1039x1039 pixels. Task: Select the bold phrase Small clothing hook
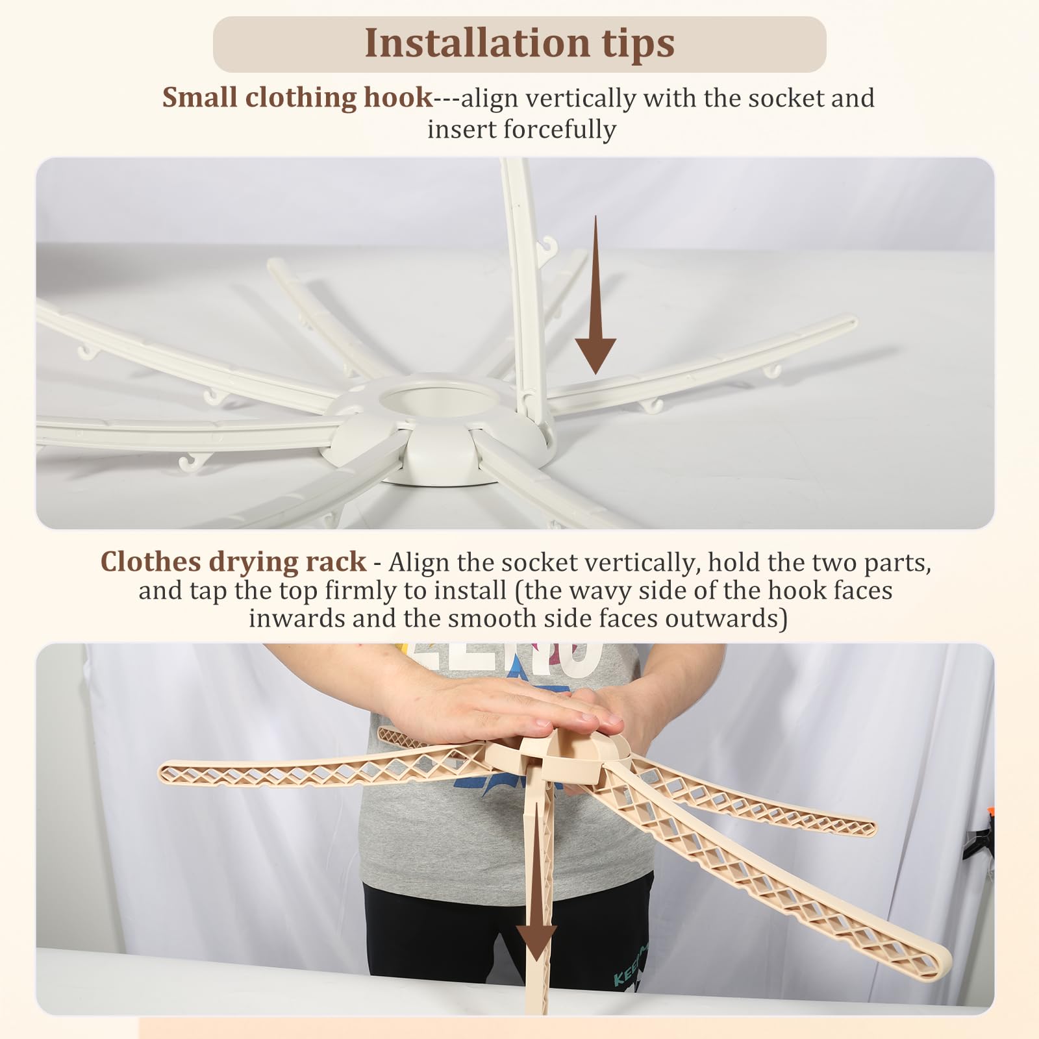[x=297, y=98]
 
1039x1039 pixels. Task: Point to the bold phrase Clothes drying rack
[x=233, y=561]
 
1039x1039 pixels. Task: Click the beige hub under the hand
[x=558, y=757]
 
